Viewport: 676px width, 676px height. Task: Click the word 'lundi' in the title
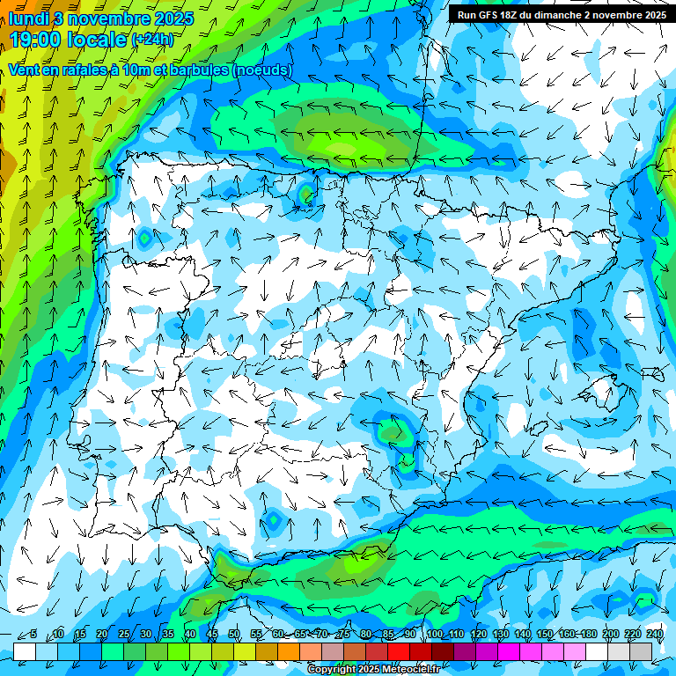click(29, 18)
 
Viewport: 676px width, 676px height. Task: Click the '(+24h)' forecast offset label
click(152, 40)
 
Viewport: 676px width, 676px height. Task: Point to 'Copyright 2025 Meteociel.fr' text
click(373, 669)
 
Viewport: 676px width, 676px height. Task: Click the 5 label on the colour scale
click(33, 634)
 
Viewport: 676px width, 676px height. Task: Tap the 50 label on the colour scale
click(234, 634)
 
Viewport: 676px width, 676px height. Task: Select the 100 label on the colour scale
click(434, 634)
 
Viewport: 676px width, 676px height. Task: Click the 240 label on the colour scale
click(655, 634)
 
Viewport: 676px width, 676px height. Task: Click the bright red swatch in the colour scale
click(399, 651)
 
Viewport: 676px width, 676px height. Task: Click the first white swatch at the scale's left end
click(25, 651)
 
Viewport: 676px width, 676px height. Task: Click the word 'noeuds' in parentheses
click(262, 70)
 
